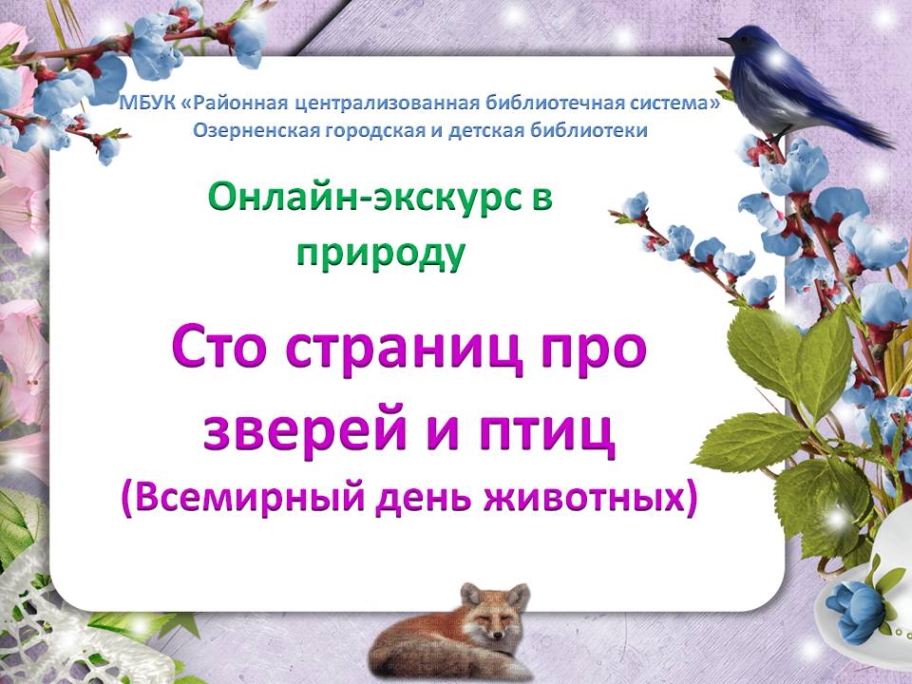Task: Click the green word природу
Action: click(381, 254)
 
